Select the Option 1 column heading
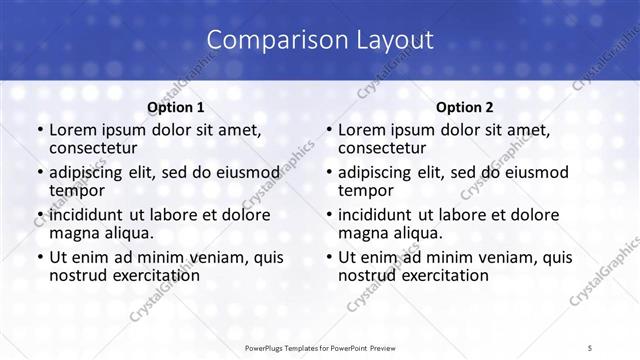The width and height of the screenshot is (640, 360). (175, 107)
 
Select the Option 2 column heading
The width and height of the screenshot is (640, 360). (464, 107)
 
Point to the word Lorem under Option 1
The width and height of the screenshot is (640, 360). (73, 130)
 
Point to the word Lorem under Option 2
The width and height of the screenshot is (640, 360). (362, 130)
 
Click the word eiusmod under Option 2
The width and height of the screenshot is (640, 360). (534, 172)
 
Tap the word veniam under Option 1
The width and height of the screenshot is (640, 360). (221, 256)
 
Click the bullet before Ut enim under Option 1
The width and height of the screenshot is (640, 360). (39, 257)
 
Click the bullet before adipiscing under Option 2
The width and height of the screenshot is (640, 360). (328, 173)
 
